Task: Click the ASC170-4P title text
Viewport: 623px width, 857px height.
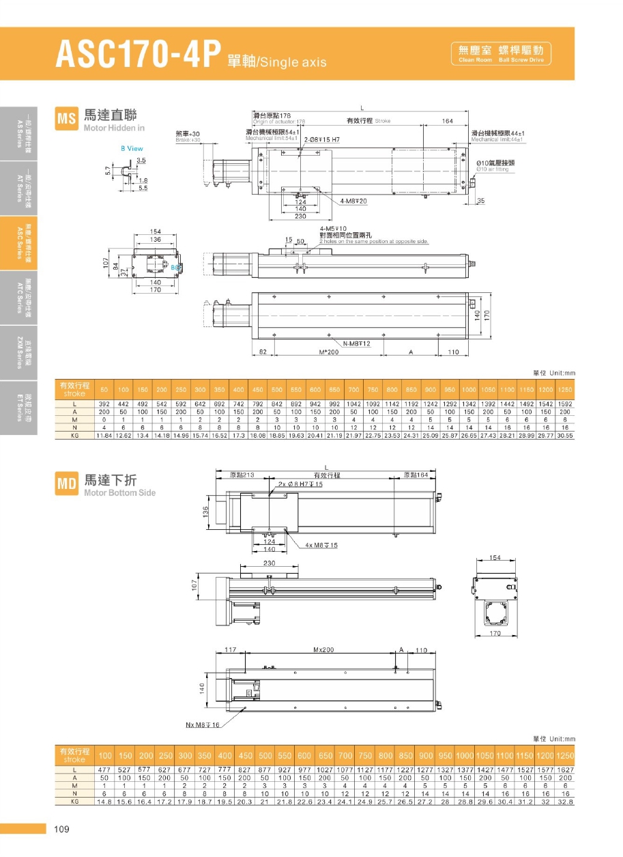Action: (139, 55)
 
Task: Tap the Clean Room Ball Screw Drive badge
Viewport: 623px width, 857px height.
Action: (501, 53)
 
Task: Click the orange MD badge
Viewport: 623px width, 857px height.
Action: (66, 484)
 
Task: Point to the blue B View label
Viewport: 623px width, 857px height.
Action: (132, 148)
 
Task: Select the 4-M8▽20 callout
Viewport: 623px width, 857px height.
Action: (353, 201)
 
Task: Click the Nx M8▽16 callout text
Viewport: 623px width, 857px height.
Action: (203, 725)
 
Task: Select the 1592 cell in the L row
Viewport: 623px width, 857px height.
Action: (564, 404)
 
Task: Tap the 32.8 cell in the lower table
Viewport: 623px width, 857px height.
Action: (565, 801)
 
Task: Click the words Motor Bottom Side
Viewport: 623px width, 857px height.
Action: (119, 492)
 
